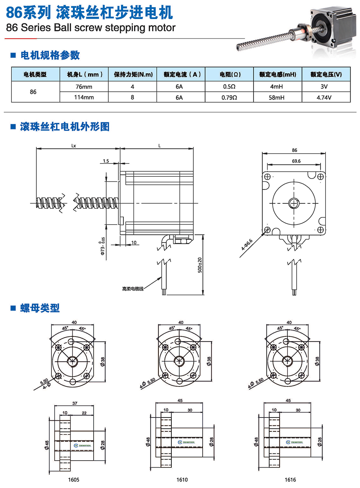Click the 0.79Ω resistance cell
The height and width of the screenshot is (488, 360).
[229, 98]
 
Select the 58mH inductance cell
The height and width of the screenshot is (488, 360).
[276, 98]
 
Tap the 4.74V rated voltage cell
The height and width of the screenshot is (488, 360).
[324, 98]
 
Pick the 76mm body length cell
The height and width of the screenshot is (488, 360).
[84, 87]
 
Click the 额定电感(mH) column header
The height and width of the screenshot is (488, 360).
[278, 74]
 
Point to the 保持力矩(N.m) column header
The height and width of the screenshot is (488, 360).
[133, 74]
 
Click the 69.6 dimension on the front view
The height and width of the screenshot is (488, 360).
[296, 161]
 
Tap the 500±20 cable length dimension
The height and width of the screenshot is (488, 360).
[200, 265]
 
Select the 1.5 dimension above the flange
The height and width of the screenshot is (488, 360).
[106, 161]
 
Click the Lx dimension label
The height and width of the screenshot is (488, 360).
[74, 146]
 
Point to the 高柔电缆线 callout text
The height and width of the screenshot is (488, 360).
[132, 289]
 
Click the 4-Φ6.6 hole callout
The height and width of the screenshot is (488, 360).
[247, 245]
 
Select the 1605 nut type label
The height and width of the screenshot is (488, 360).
[73, 480]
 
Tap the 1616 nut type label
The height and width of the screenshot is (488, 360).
[290, 480]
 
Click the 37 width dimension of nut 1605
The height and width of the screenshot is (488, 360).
[75, 403]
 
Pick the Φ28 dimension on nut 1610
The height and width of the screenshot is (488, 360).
[212, 442]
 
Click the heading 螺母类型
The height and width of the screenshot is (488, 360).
[40, 308]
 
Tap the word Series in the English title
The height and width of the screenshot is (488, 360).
[36, 28]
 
